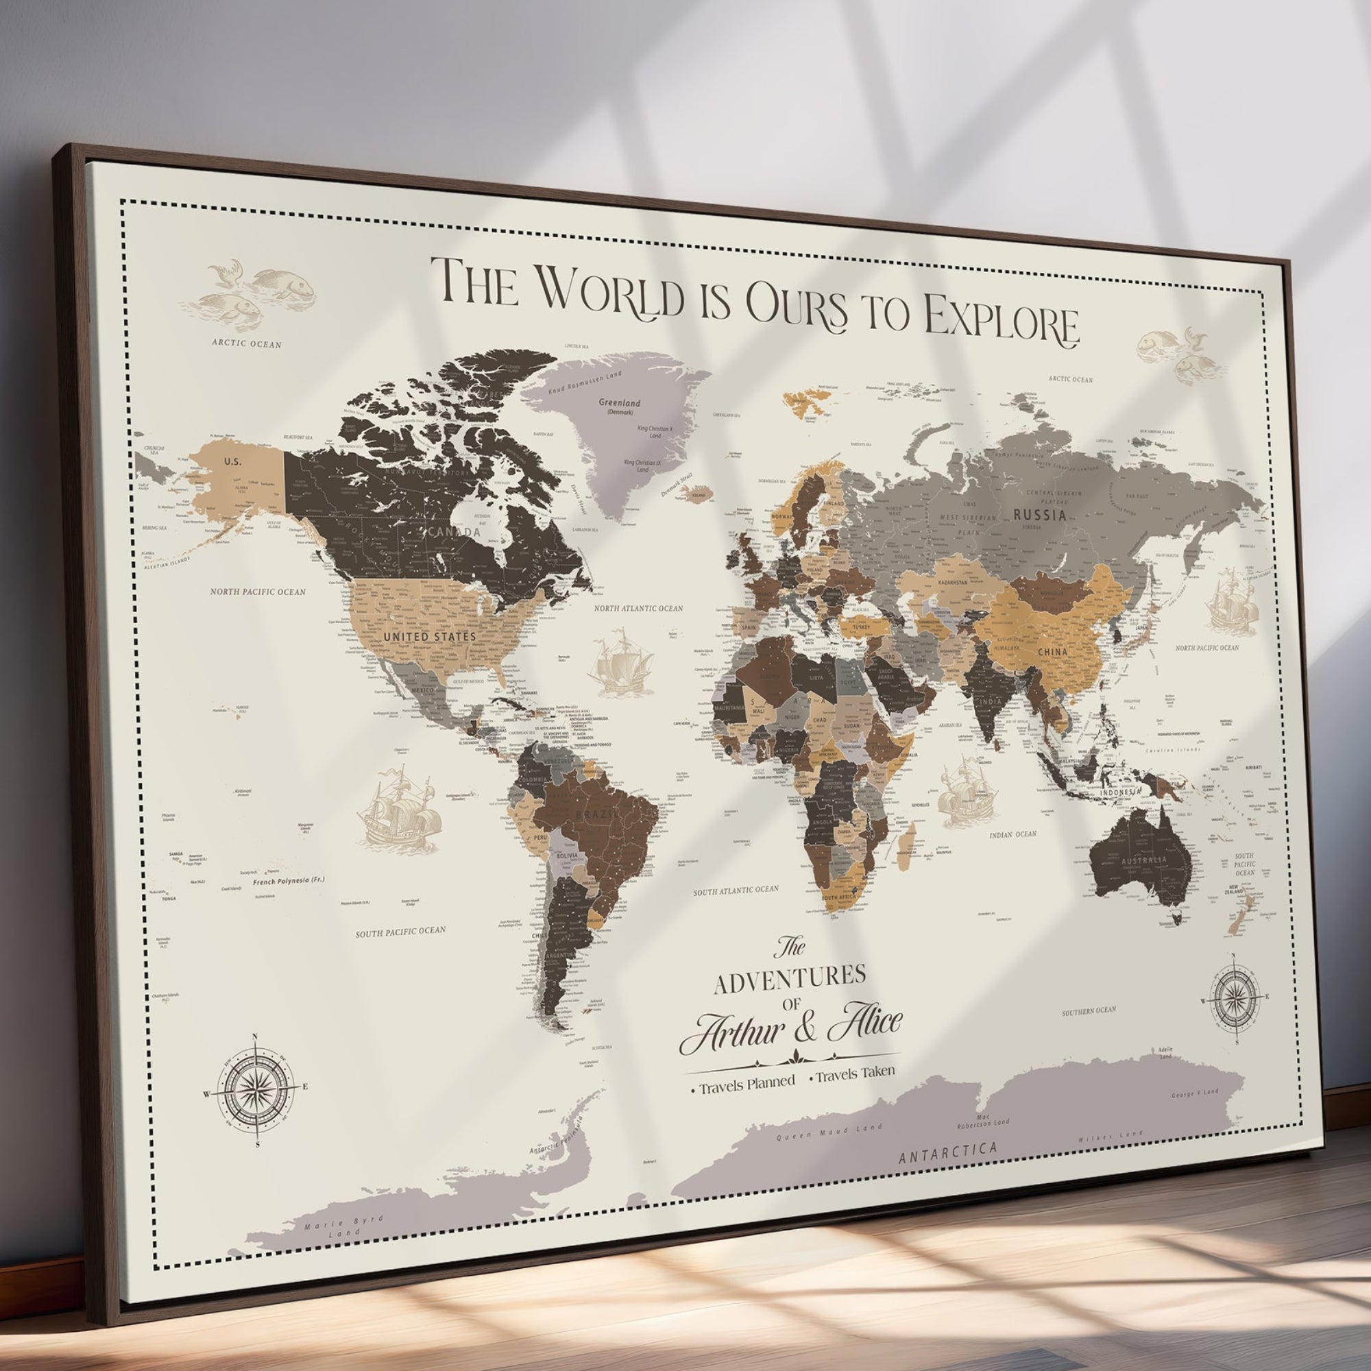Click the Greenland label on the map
(619, 403)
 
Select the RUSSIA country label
(1040, 515)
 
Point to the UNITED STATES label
(429, 637)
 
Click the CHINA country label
(1053, 651)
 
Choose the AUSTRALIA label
(1143, 861)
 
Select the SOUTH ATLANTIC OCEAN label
(736, 890)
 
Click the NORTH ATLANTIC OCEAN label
(639, 608)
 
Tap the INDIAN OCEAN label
(1012, 834)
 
